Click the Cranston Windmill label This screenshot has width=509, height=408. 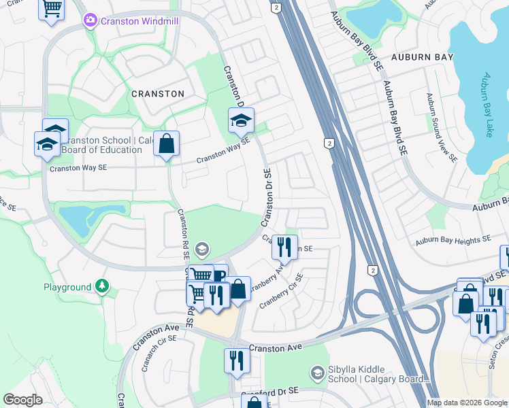coord(139,21)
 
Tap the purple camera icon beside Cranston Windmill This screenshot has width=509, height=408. coord(91,21)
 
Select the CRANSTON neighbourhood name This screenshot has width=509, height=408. coord(157,94)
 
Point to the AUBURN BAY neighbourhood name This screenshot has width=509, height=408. coord(422,58)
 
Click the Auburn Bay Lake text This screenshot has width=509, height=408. coord(487,105)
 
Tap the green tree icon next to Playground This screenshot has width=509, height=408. coord(101,287)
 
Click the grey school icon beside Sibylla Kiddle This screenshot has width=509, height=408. coord(316,373)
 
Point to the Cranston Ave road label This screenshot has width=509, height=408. coord(275,347)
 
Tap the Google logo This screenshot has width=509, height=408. coord(22,400)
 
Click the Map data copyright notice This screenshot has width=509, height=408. coord(467,403)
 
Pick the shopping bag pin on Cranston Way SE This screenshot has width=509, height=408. coord(166,144)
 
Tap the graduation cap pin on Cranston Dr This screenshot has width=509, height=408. coord(240,121)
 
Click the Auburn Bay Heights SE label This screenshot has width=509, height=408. coord(453,240)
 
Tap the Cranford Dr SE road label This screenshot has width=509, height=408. coord(270,392)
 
